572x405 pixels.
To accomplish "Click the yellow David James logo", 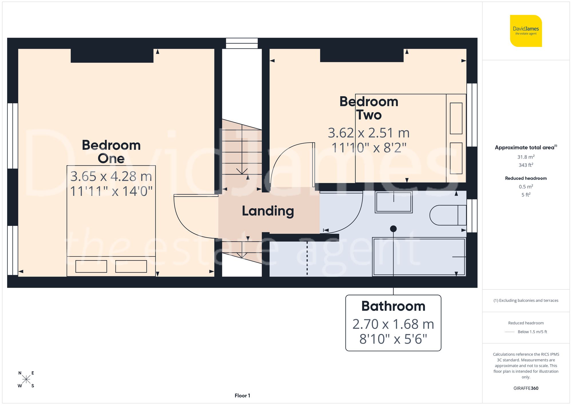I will pyautogui.click(x=526, y=31).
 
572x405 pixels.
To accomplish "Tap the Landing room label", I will pyautogui.click(x=268, y=211).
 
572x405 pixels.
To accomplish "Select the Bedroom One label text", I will pyautogui.click(x=111, y=152).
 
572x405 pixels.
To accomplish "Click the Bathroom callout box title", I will pyautogui.click(x=393, y=306).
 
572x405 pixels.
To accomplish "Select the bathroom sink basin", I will pyautogui.click(x=394, y=202).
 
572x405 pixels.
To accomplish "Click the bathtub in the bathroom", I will pyautogui.click(x=419, y=257).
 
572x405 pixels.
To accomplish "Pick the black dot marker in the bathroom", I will pyautogui.click(x=393, y=229).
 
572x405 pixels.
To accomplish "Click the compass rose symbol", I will pyautogui.click(x=26, y=380).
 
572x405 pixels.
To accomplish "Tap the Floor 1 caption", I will pyautogui.click(x=242, y=396).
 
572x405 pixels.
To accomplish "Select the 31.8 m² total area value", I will pyautogui.click(x=526, y=157).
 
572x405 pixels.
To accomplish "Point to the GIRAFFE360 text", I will pyautogui.click(x=526, y=388).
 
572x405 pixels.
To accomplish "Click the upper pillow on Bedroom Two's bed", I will pyautogui.click(x=456, y=118).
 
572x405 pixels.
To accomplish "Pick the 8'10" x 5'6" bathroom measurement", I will pyautogui.click(x=393, y=339).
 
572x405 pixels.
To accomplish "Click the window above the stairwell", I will pyautogui.click(x=242, y=43).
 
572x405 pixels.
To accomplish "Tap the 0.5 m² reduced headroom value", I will pyautogui.click(x=526, y=187).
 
